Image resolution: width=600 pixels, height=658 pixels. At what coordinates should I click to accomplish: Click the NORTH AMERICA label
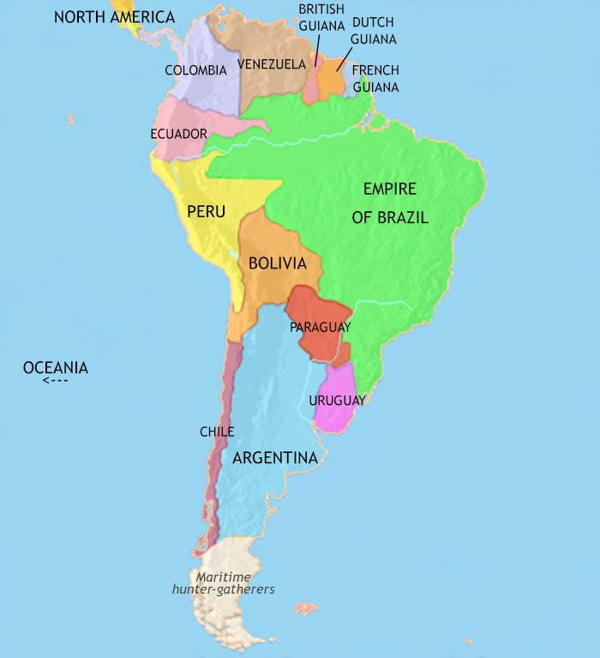(x=114, y=17)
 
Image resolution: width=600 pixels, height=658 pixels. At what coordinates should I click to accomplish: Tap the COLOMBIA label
(x=195, y=70)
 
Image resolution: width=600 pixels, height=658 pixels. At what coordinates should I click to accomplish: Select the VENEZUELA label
(x=272, y=64)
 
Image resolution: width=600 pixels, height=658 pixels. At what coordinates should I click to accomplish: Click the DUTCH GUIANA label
(x=374, y=31)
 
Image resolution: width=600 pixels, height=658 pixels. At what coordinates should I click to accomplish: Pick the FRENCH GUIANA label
(x=375, y=78)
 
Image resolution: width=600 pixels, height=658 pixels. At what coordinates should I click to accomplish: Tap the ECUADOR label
(x=178, y=134)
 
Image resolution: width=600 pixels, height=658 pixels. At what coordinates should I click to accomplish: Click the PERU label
(x=206, y=210)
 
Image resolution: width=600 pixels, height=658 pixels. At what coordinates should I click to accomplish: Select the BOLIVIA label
(x=278, y=263)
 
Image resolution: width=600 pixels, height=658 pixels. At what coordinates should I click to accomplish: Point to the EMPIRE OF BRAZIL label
(x=390, y=203)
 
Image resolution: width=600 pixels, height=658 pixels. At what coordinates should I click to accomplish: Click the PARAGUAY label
(x=320, y=327)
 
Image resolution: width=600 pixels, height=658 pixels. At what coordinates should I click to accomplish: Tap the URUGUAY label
(x=337, y=401)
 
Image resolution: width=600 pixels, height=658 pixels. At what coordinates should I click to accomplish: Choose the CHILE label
(x=216, y=432)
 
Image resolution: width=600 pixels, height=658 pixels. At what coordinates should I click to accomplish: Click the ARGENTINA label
(x=275, y=458)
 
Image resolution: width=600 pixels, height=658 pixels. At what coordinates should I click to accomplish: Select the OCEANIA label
(x=56, y=368)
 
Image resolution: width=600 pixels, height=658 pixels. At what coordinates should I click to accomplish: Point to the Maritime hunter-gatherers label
(x=223, y=583)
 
